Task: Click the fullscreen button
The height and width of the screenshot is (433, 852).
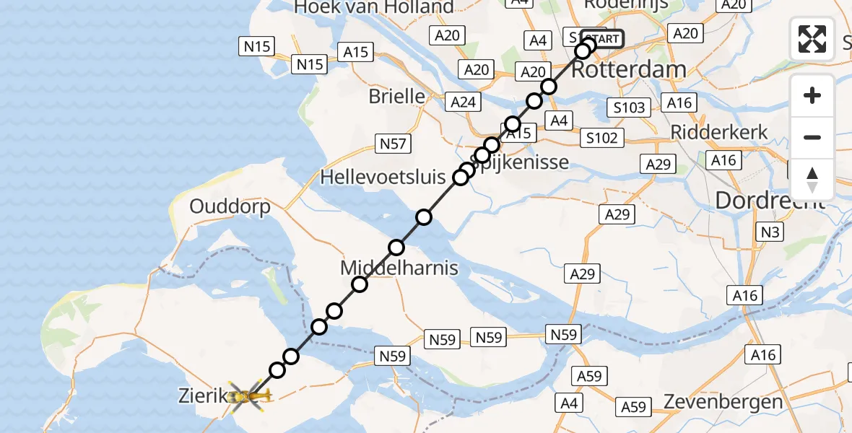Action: click(812, 38)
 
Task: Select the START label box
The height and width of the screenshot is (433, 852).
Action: click(601, 39)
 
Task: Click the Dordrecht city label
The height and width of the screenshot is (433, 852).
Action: click(770, 200)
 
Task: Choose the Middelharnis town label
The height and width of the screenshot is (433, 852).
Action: click(399, 268)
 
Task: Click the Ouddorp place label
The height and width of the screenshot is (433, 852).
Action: click(230, 206)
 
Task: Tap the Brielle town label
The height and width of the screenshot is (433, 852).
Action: click(396, 95)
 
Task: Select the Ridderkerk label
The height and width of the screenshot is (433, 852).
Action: click(719, 131)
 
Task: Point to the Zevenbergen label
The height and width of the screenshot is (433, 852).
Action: click(723, 402)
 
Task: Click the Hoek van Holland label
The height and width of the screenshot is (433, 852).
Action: click(374, 8)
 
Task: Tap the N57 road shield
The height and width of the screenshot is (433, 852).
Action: click(393, 144)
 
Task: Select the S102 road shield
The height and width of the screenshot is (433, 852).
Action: click(602, 137)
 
